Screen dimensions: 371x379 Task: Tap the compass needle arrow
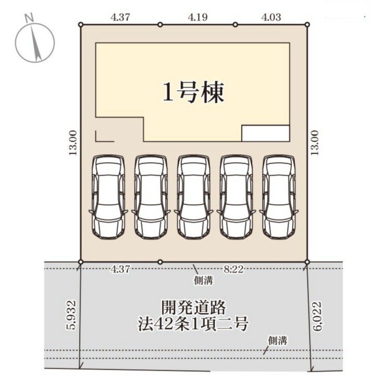point(36,43)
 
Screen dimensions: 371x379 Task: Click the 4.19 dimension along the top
point(197,17)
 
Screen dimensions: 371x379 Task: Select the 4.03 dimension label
point(271,17)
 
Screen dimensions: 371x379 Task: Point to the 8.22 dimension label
point(233,269)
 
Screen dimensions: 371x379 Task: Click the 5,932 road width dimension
point(72,315)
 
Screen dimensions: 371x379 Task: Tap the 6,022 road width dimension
point(317,316)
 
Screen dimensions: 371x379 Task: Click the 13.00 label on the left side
point(73,143)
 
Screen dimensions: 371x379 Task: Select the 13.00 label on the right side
point(315,143)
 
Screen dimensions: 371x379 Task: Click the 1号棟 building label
point(194,92)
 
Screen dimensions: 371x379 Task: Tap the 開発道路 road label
point(193,308)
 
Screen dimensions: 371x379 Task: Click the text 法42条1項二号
point(193,324)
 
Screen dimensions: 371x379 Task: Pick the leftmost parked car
point(108,197)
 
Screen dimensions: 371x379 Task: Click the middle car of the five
point(193,197)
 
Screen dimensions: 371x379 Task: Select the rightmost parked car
point(279,197)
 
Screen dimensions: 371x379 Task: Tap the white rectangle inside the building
point(266,133)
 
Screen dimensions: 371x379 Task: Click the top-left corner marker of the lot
point(81,25)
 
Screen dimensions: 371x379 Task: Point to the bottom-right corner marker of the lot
point(307,262)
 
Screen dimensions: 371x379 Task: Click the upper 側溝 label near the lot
point(204,280)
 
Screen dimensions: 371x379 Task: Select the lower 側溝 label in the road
point(278,341)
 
